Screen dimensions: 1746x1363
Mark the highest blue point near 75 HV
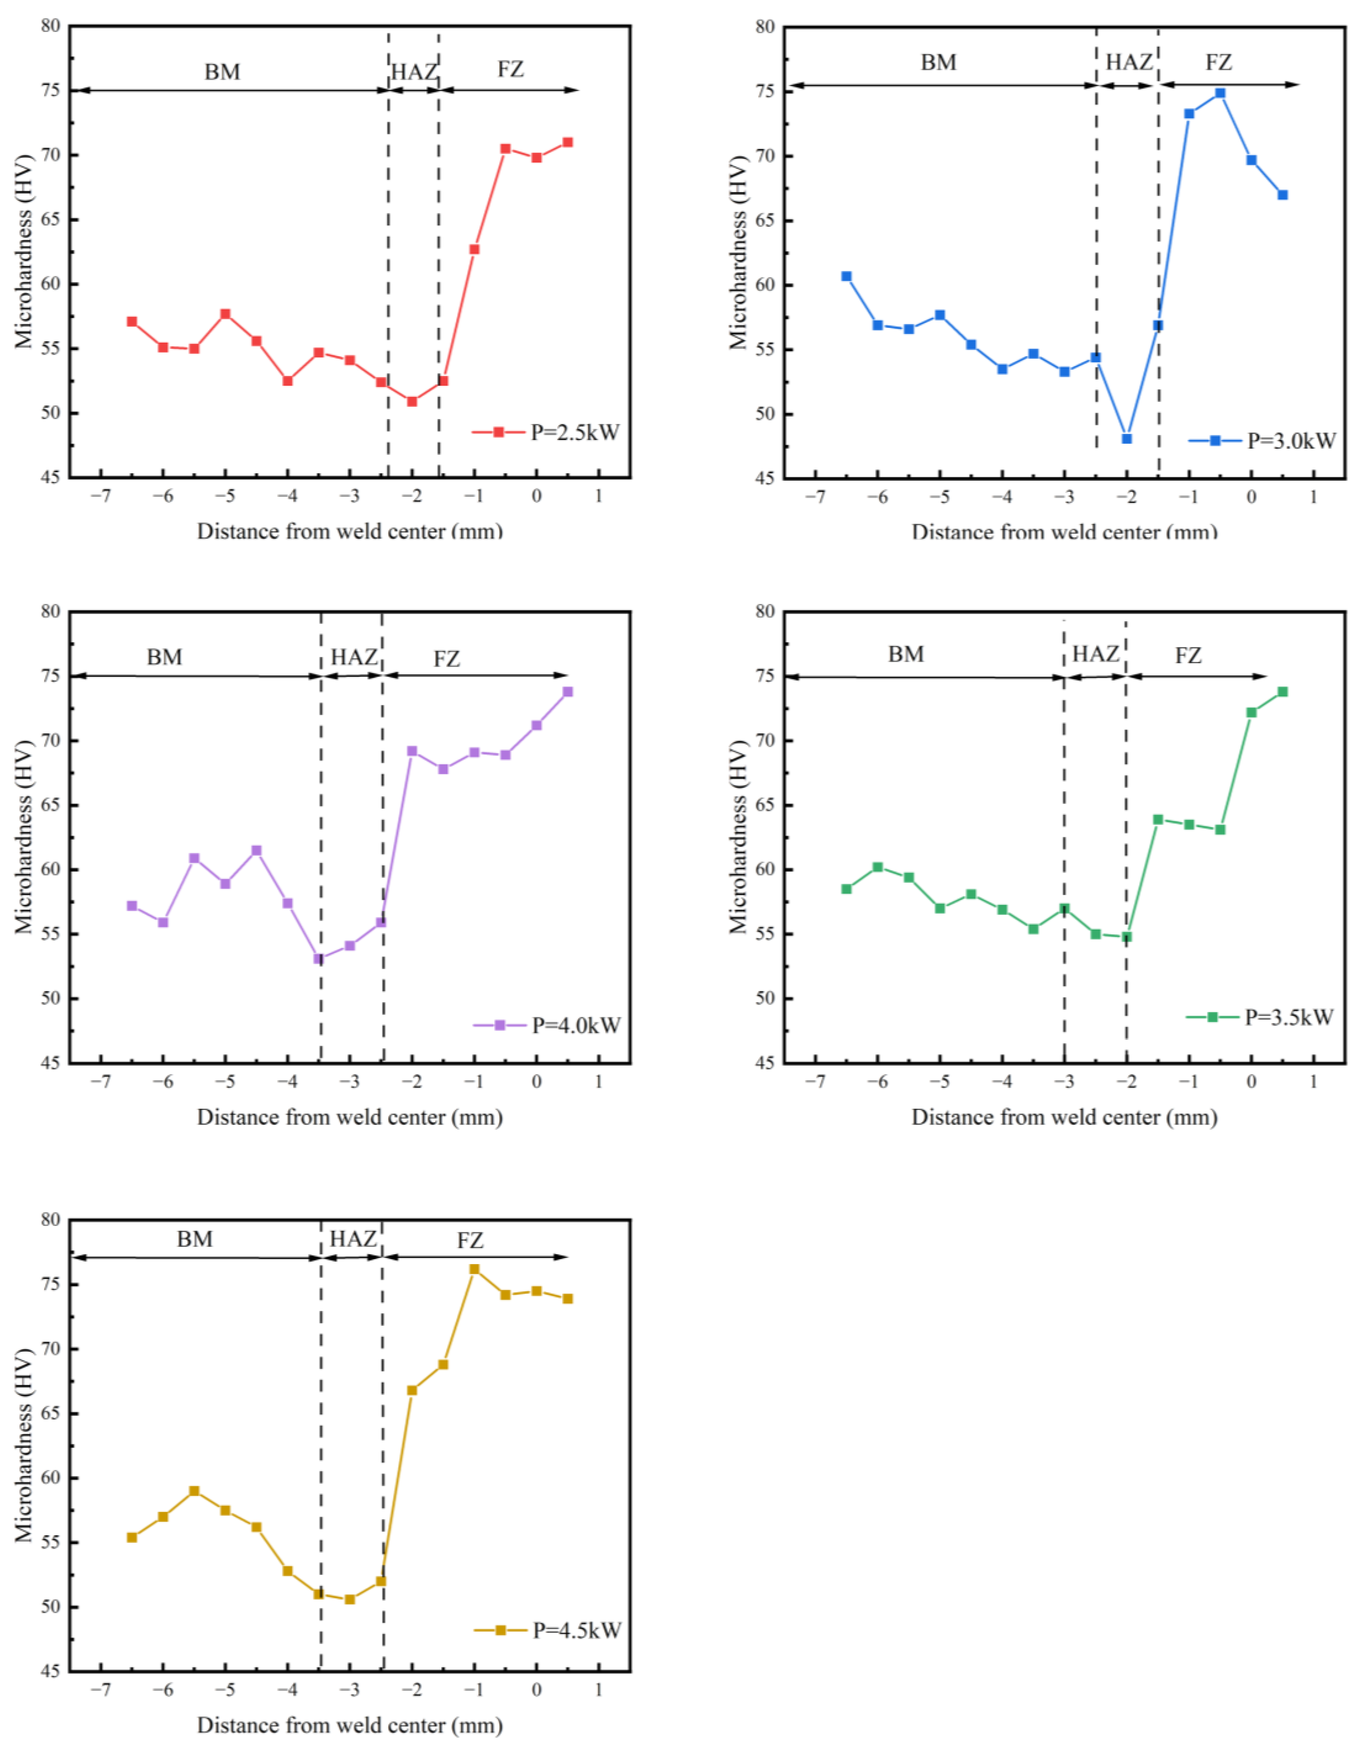pyautogui.click(x=1220, y=94)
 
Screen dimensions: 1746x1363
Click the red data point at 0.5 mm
pyautogui.click(x=567, y=142)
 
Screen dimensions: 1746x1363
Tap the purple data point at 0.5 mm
pyautogui.click(x=567, y=691)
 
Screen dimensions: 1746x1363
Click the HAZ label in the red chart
pyautogui.click(x=413, y=72)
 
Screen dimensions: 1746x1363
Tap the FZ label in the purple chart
pyautogui.click(x=447, y=659)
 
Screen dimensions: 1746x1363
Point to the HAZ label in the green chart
pyautogui.click(x=1095, y=654)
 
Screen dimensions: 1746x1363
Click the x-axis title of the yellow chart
pyautogui.click(x=350, y=1725)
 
